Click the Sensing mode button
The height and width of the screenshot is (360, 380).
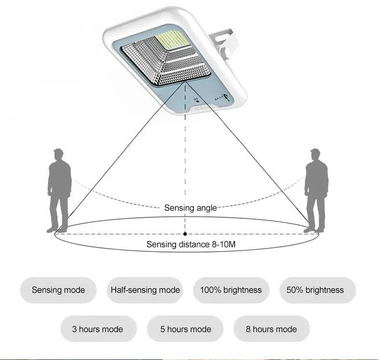tap(58, 290)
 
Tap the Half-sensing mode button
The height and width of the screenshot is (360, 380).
tap(145, 290)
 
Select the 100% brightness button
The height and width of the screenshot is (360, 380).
tap(231, 290)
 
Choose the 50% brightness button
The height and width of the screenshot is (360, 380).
tap(315, 290)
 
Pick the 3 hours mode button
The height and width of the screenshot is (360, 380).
tap(98, 329)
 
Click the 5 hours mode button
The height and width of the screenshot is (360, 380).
tap(186, 329)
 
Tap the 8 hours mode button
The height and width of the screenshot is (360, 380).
tap(271, 329)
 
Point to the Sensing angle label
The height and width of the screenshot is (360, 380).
tap(190, 208)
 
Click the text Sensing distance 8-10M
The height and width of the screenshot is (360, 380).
tap(191, 245)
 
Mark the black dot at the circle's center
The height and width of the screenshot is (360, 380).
tap(185, 234)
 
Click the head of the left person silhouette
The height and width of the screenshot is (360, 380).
tap(58, 155)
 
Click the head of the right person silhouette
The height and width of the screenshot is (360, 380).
tap(316, 155)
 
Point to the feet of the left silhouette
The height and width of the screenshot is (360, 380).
tap(57, 230)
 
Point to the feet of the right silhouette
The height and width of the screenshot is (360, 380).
tap(315, 230)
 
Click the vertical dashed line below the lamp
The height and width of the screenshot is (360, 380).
tap(185, 159)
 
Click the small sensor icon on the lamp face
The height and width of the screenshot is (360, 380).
tap(196, 100)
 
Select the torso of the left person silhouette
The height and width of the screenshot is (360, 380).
tap(59, 180)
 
